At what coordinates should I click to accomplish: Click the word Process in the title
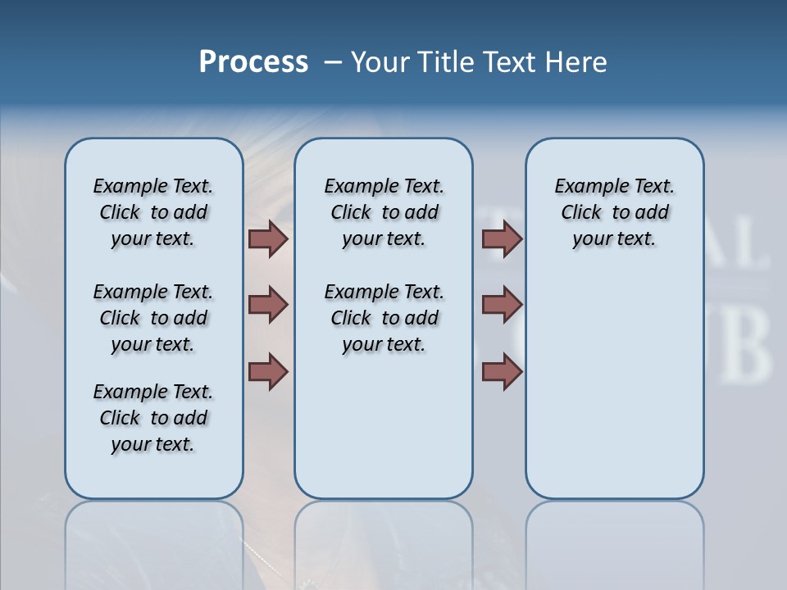(x=253, y=62)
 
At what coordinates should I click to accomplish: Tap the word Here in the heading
(x=575, y=62)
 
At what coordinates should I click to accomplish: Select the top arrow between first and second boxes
(x=268, y=238)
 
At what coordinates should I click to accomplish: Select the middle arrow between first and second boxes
(x=268, y=305)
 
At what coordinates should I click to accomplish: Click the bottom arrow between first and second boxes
(x=268, y=371)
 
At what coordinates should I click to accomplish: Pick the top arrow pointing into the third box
(x=502, y=238)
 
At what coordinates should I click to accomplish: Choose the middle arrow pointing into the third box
(x=502, y=305)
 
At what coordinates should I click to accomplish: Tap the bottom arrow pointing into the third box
(x=502, y=371)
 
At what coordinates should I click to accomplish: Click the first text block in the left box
(x=153, y=212)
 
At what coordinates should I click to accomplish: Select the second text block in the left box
(x=153, y=318)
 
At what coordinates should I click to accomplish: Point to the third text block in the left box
(x=153, y=418)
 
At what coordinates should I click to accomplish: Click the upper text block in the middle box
(x=384, y=212)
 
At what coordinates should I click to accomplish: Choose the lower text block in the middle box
(x=384, y=318)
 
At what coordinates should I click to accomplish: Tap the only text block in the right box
(x=614, y=212)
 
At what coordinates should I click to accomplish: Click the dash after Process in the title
(x=333, y=62)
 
